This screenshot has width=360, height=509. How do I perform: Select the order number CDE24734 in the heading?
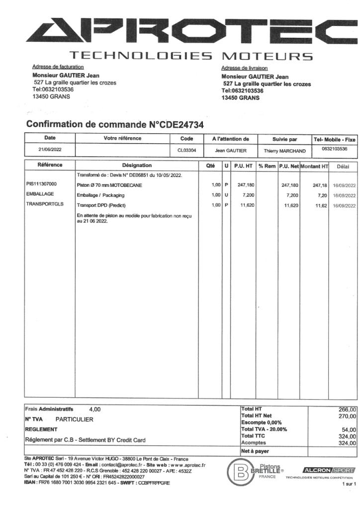coord(177,125)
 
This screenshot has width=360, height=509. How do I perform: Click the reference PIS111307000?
coord(42,184)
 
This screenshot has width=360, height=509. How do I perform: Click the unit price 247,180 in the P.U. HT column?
coord(246,185)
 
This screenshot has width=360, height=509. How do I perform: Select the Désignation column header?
coord(137,166)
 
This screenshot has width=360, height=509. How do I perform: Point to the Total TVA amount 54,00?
coord(348,429)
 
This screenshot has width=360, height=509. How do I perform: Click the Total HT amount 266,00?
coord(347,409)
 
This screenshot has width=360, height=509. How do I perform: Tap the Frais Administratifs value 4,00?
coord(94,409)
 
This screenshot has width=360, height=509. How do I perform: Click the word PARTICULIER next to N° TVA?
coord(74,419)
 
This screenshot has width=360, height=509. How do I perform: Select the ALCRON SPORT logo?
coord(328,470)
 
